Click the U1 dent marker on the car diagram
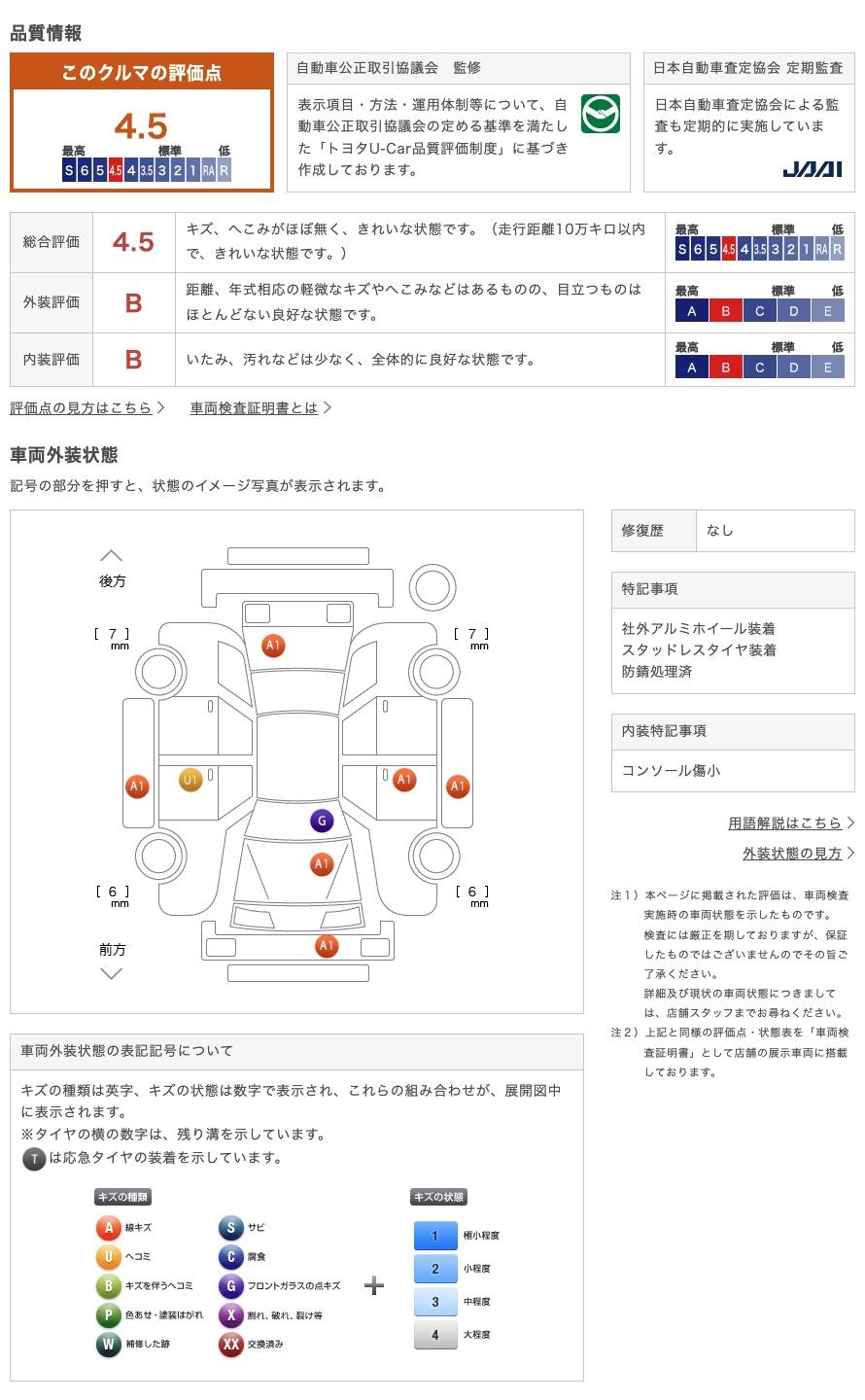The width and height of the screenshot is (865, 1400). [190, 780]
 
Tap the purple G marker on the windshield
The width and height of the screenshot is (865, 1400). [322, 821]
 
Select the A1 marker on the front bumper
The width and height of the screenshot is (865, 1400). [327, 945]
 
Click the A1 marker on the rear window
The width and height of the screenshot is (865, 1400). [273, 646]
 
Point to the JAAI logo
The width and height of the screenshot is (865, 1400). [812, 169]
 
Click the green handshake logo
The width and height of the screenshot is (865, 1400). [601, 115]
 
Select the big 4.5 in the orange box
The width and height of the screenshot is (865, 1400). [141, 126]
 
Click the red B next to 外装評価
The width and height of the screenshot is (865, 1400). [133, 303]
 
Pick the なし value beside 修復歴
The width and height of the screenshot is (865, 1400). [720, 531]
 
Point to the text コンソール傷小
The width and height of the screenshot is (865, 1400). [672, 771]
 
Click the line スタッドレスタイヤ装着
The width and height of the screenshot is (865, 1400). [699, 650]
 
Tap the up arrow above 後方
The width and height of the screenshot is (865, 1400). [112, 556]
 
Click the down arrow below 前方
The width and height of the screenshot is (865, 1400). [112, 973]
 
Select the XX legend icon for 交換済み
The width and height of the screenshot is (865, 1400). [230, 1345]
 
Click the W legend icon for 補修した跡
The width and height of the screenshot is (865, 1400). [109, 1345]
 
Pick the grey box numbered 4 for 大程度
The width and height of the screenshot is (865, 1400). [434, 1335]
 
